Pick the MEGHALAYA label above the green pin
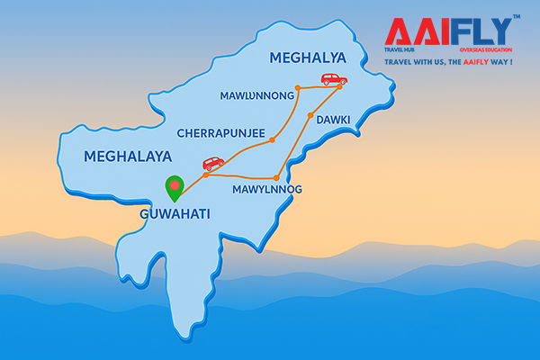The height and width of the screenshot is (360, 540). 127,156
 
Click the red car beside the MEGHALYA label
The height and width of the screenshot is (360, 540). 334,79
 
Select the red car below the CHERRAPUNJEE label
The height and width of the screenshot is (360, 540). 212,164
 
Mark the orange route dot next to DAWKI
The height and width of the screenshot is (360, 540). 310,115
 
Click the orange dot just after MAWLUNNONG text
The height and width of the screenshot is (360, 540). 301,88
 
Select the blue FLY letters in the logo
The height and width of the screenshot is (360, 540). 484,32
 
